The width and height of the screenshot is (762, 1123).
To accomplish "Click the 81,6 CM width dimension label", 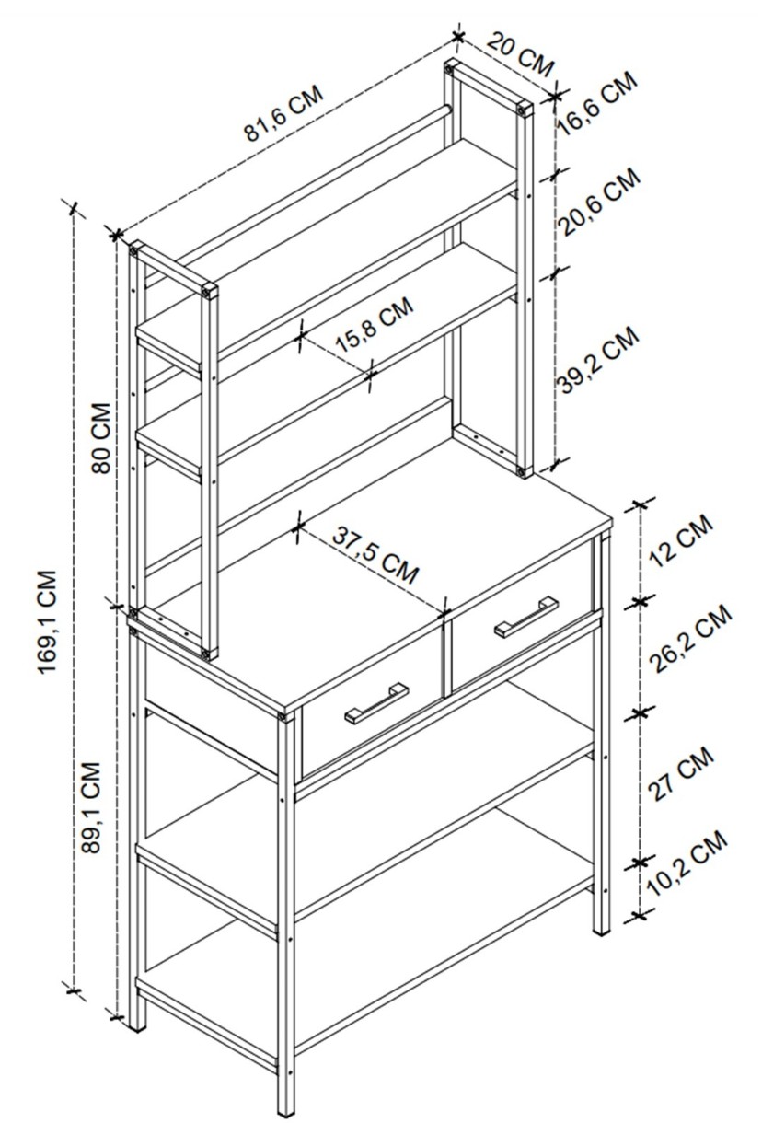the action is [x=283, y=114].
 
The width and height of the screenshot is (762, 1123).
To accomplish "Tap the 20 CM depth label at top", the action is [x=521, y=54].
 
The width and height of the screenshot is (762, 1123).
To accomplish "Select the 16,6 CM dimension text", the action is [x=597, y=104].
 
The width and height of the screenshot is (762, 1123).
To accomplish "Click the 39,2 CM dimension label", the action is [x=598, y=360].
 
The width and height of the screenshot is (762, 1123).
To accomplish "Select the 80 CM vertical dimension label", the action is [x=100, y=437].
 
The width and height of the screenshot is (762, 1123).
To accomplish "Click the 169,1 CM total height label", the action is [x=47, y=622].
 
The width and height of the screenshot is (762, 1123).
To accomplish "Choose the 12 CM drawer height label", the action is [x=680, y=540].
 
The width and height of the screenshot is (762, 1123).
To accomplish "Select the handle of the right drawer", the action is [x=526, y=617].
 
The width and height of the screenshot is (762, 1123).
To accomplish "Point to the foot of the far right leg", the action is [x=602, y=928].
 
